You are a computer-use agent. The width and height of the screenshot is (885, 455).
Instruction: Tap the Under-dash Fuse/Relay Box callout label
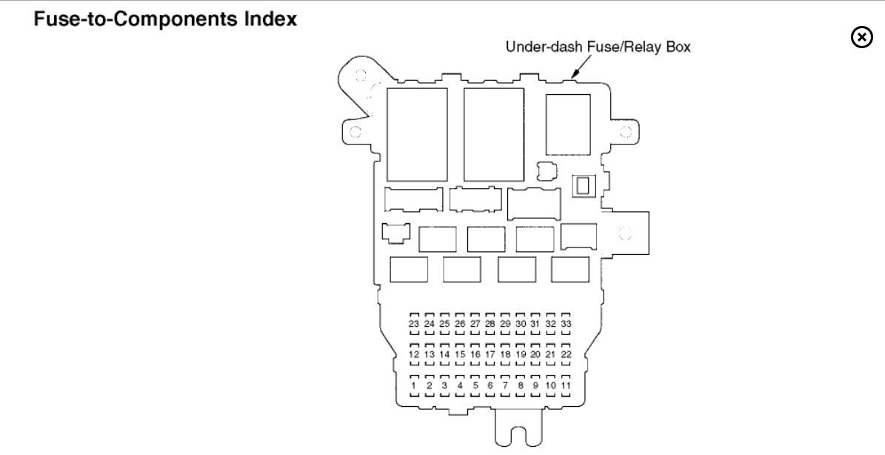click(x=598, y=47)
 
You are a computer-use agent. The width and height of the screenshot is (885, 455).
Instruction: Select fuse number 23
click(x=414, y=324)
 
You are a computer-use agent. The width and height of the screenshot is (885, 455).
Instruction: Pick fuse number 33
click(x=567, y=324)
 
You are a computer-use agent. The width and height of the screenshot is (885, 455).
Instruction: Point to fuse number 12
click(x=414, y=355)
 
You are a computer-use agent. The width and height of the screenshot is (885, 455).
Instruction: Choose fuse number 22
click(x=567, y=355)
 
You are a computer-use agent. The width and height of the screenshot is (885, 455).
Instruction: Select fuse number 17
click(x=490, y=355)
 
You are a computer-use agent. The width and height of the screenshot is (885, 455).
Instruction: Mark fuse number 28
click(x=490, y=324)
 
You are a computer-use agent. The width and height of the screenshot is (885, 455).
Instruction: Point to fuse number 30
click(x=521, y=324)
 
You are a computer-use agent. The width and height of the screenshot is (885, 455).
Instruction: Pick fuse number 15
click(x=460, y=355)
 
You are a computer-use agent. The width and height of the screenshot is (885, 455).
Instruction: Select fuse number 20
click(x=536, y=355)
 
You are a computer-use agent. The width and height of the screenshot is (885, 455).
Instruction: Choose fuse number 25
click(x=444, y=324)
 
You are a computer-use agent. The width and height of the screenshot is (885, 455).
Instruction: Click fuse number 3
click(x=444, y=386)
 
